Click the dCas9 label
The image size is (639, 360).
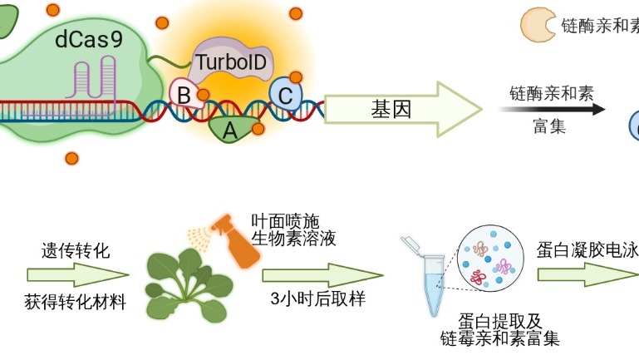coord(87,39)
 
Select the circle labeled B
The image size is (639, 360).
coord(183,93)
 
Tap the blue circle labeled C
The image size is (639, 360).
coord(285,96)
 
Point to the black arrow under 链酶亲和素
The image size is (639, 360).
coord(553,109)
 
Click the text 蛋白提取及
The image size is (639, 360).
coord(498,322)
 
